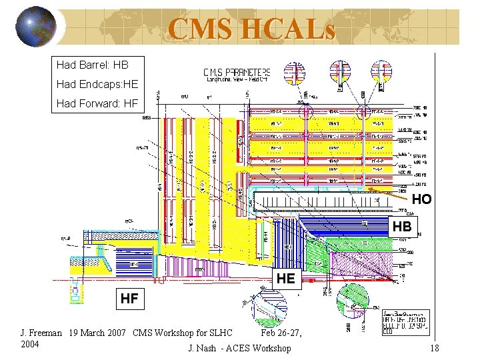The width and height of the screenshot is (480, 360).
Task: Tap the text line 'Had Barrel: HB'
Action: tap(93, 65)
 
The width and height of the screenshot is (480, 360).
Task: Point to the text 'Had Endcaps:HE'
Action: tap(97, 84)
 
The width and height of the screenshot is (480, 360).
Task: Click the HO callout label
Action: tap(421, 199)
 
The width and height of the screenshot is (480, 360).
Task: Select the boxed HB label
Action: tap(402, 227)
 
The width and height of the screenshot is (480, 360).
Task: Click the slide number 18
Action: tap(434, 348)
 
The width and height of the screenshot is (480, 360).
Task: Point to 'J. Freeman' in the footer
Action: tap(41, 333)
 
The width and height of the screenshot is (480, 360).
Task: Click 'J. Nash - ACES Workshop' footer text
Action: tap(240, 348)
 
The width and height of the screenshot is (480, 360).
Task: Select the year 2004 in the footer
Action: tap(30, 344)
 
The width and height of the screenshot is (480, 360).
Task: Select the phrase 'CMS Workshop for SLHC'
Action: tap(183, 333)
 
